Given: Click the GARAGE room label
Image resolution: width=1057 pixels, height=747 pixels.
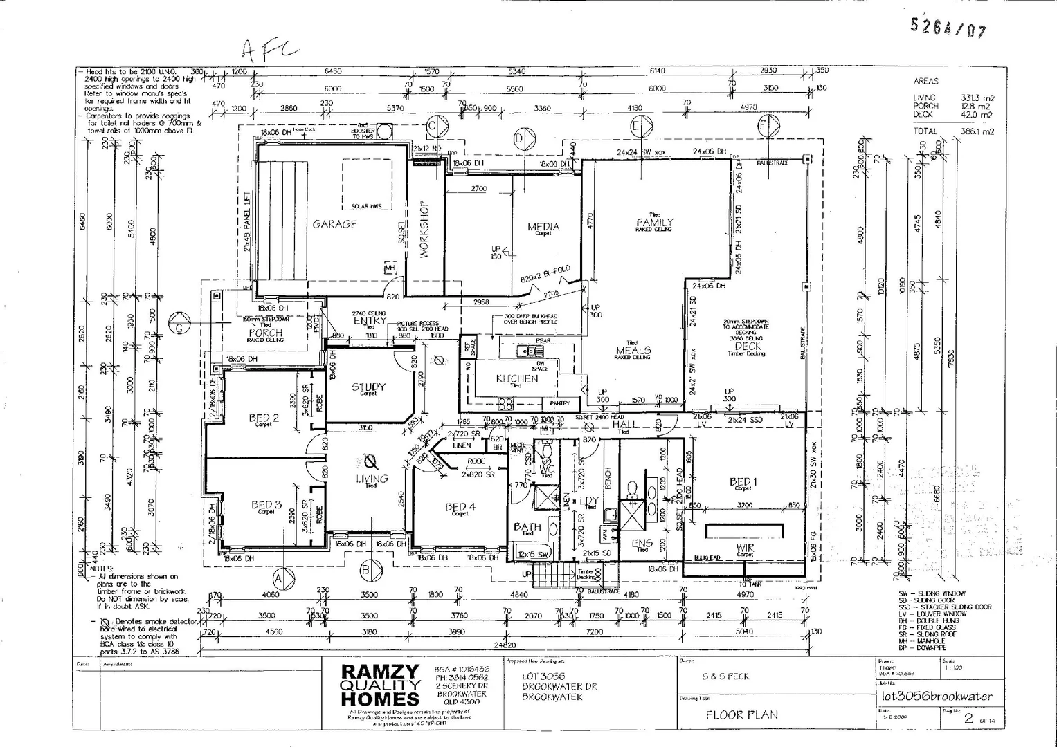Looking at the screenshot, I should (334, 224).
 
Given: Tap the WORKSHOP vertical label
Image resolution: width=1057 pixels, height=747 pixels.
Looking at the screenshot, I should (424, 230).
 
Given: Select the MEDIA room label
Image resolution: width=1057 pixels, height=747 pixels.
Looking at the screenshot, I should (543, 227).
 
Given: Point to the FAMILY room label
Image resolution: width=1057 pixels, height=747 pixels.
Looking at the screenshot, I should (654, 222).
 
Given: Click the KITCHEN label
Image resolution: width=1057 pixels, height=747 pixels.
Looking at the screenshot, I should (516, 378).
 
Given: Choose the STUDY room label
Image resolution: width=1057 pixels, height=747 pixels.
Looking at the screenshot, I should (368, 387).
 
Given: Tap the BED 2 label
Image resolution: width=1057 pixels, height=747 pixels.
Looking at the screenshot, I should (264, 418).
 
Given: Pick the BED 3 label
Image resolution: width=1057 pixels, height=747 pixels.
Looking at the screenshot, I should (266, 506).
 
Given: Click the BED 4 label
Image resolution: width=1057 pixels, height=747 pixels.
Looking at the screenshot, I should (460, 508).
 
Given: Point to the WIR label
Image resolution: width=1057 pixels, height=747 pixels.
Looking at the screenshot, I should (746, 548).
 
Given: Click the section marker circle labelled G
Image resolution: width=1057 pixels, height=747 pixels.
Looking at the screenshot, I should (179, 327).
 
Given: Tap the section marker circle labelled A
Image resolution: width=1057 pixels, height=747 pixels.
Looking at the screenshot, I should (280, 577).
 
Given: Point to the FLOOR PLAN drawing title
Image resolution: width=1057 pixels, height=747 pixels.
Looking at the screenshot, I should (741, 715).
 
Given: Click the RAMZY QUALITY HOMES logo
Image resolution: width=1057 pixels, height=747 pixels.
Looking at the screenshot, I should (380, 685).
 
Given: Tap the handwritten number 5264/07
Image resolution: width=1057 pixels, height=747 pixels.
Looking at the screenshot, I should (948, 28).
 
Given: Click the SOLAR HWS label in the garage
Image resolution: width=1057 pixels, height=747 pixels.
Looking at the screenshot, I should (366, 206).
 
